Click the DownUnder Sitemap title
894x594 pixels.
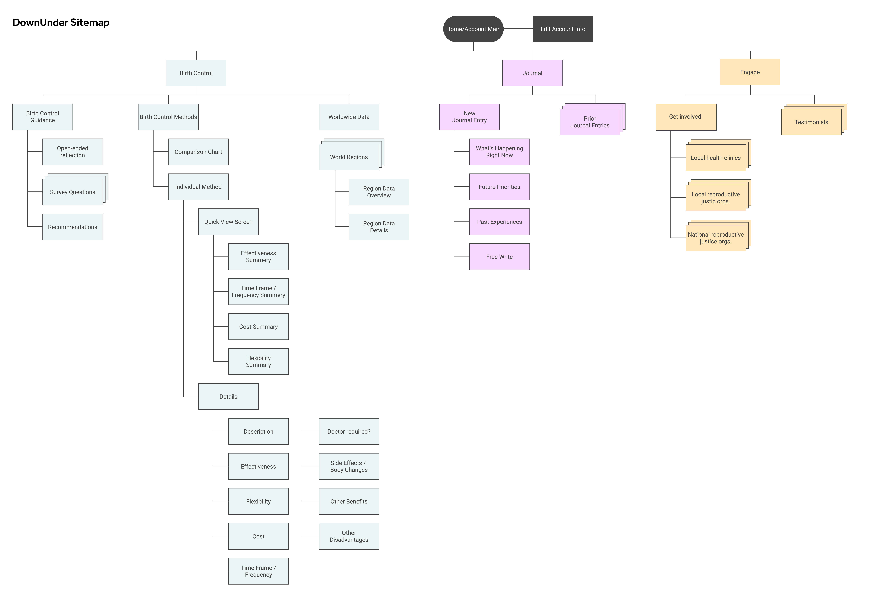[61, 22]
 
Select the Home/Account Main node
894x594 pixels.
[473, 29]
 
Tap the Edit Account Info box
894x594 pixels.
[563, 29]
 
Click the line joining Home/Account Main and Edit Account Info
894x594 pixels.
[518, 28]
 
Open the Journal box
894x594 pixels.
[532, 73]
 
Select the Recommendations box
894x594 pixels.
[73, 227]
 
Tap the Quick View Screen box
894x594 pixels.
[228, 222]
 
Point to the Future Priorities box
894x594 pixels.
[499, 187]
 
